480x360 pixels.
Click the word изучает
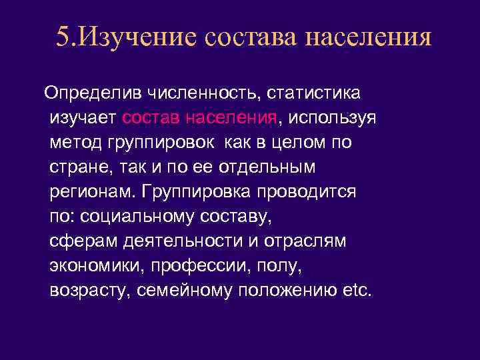tap(83, 117)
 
